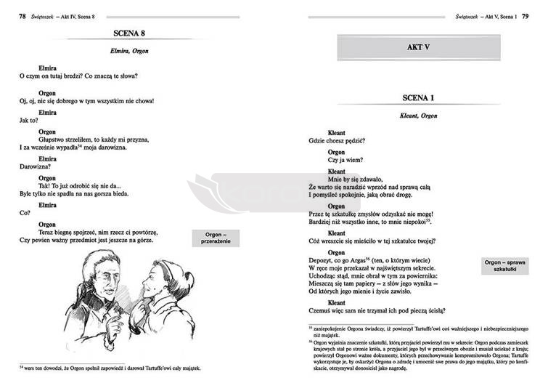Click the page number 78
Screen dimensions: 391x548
[12, 7]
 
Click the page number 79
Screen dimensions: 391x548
[536, 7]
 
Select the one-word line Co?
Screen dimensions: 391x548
[23, 213]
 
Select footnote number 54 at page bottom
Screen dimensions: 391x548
[22, 368]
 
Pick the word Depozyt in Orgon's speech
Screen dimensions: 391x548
[324, 259]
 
